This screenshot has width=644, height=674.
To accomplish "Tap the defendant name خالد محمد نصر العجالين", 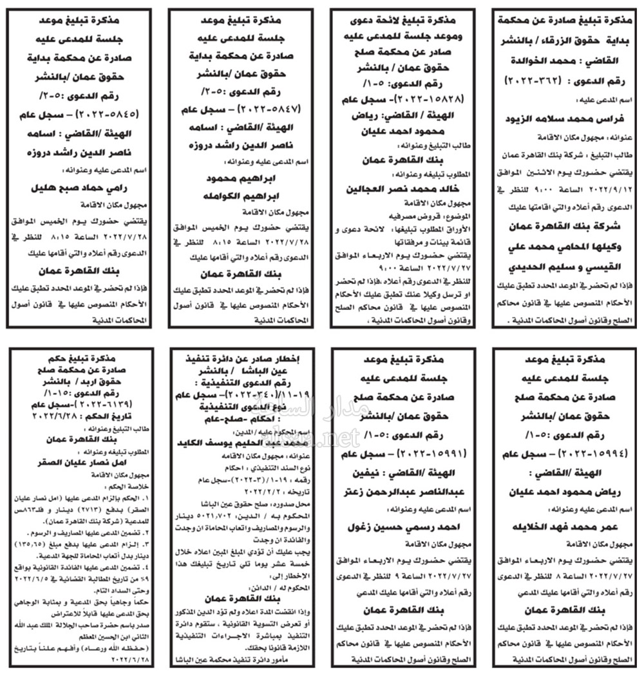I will click(x=399, y=189).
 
